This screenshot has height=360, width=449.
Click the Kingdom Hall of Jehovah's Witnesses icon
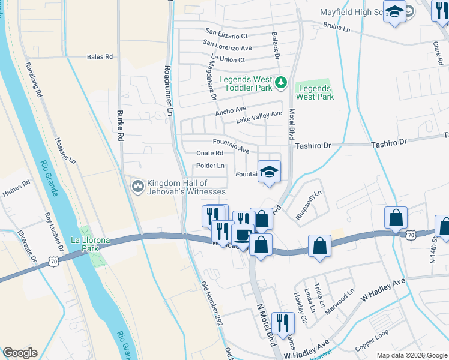click(x=137, y=187)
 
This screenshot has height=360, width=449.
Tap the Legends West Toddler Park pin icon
click(x=280, y=83)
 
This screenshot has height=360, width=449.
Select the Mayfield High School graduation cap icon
click(x=394, y=13)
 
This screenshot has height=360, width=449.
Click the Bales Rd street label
click(x=100, y=57)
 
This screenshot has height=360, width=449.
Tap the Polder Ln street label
click(x=210, y=166)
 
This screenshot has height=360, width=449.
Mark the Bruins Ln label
click(x=336, y=28)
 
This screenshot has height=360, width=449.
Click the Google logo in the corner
click(x=20, y=353)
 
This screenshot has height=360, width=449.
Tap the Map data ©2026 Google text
click(x=411, y=355)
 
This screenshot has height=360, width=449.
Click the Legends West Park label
click(x=315, y=92)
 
